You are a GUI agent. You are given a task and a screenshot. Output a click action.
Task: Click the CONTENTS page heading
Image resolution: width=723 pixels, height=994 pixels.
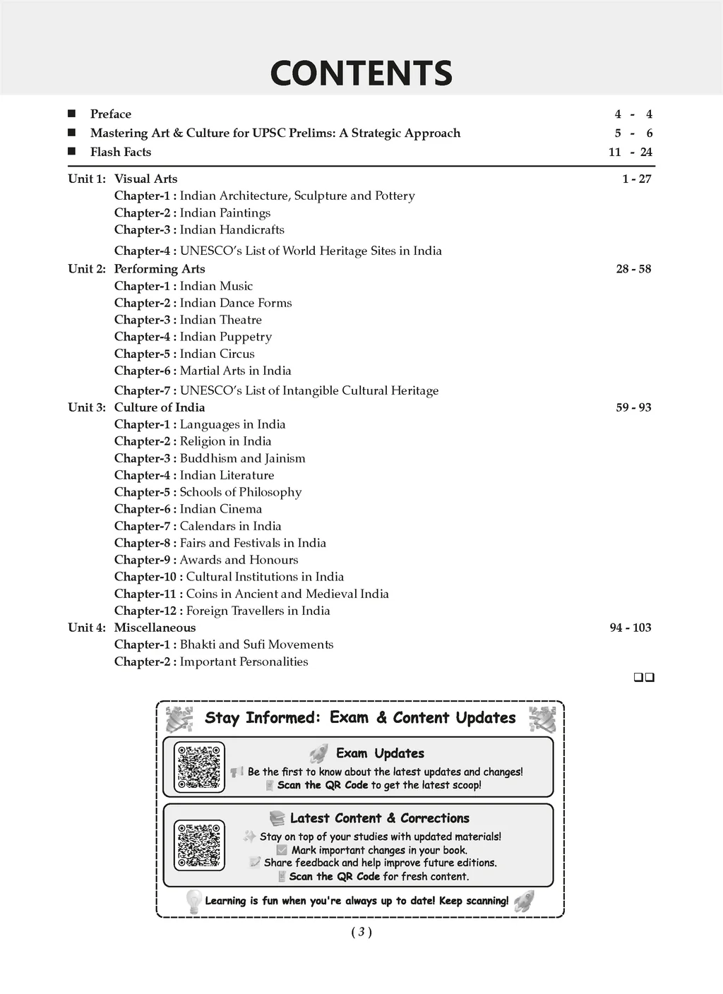click(x=361, y=73)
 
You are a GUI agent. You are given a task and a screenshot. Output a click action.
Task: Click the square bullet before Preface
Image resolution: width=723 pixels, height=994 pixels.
click(x=71, y=114)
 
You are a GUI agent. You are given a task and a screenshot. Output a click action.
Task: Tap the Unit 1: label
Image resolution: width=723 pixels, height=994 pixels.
click(x=86, y=179)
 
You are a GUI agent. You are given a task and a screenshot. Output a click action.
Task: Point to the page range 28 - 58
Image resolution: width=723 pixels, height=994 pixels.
click(x=633, y=269)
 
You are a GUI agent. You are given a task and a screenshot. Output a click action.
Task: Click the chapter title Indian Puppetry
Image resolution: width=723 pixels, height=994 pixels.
click(x=225, y=337)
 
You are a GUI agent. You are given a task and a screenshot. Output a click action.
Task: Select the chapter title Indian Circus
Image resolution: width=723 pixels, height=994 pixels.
click(x=217, y=354)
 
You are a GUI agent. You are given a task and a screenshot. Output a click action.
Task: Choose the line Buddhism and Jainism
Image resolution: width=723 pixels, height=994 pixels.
click(x=242, y=458)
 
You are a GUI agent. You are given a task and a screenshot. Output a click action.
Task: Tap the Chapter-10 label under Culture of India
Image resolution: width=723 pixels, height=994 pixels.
click(x=148, y=577)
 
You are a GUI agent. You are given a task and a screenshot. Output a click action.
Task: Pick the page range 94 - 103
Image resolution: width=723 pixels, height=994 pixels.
click(x=631, y=628)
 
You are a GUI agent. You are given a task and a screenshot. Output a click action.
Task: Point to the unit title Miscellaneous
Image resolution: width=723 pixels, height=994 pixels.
click(x=155, y=628)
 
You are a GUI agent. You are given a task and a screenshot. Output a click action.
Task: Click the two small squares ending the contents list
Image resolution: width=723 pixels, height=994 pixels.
click(x=644, y=678)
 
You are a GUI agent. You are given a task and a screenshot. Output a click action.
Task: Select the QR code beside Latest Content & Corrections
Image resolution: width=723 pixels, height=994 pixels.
click(x=199, y=845)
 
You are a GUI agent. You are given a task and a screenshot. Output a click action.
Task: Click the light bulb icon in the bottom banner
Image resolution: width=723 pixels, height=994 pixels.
click(x=193, y=901)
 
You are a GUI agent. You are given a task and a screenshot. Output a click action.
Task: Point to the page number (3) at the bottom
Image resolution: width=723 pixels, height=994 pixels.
click(x=361, y=932)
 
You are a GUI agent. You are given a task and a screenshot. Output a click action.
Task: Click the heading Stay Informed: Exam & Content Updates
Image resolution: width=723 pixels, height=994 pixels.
click(x=360, y=718)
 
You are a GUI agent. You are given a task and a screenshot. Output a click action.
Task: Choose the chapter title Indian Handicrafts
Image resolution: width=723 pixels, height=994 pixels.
click(x=232, y=229)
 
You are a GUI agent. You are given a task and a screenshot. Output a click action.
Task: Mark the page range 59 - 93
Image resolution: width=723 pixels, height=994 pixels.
click(x=633, y=407)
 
